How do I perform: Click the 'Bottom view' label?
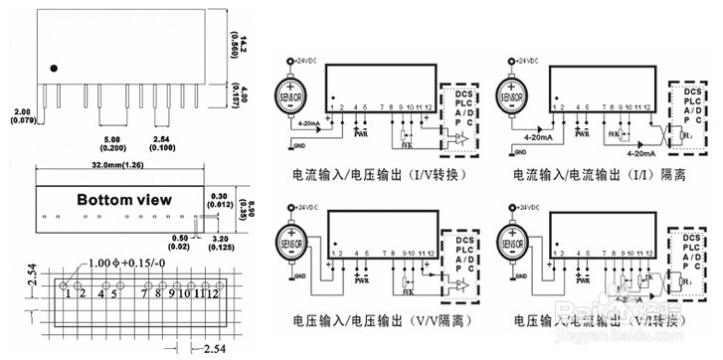click(123, 199)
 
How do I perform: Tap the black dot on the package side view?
click(55, 70)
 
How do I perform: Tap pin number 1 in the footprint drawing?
click(68, 292)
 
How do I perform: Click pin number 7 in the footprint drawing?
click(146, 292)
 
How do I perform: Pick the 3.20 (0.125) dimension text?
click(222, 241)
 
